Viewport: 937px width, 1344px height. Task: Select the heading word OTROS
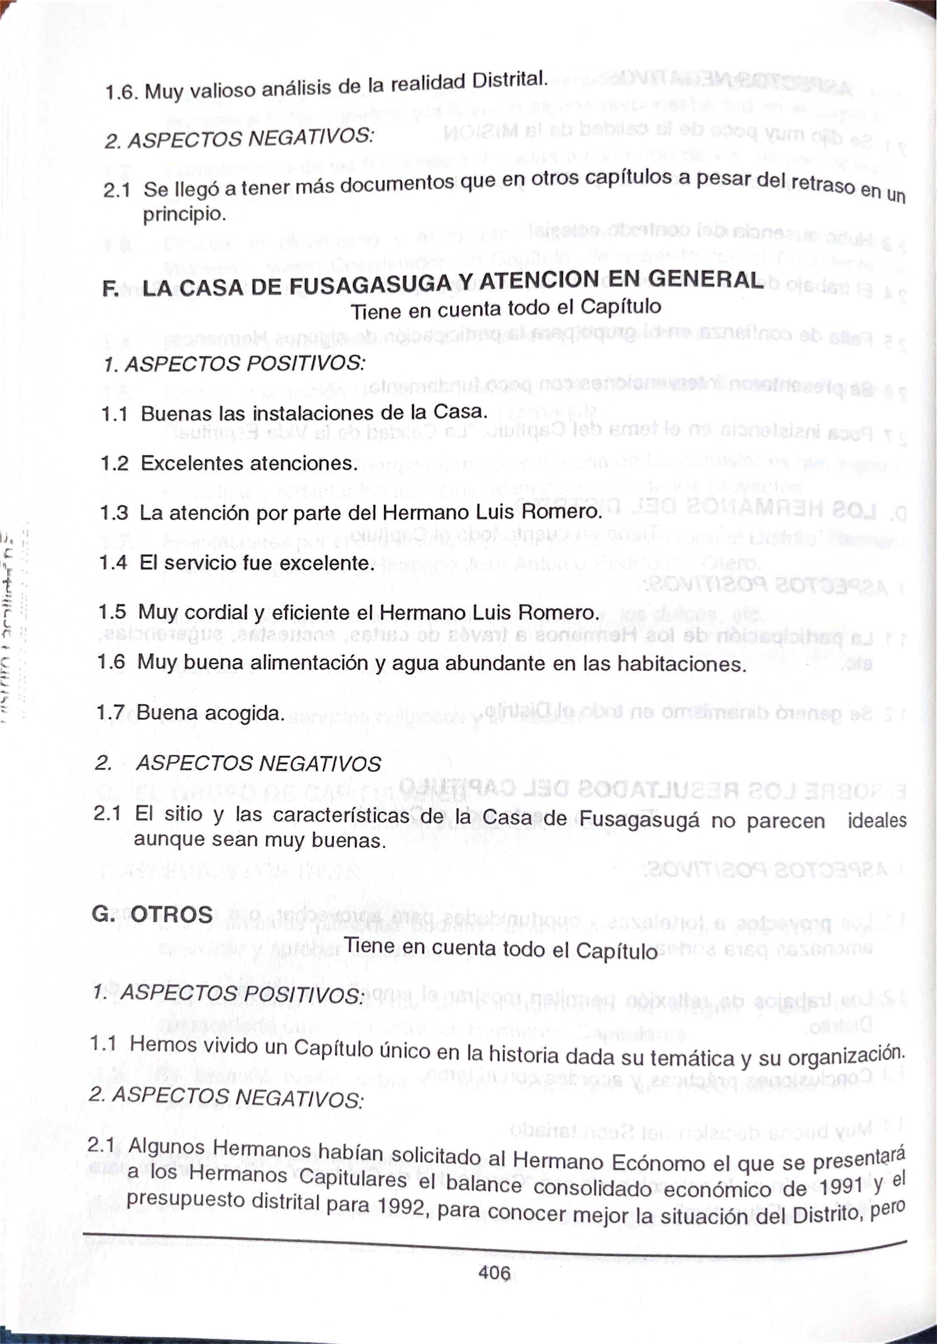172,914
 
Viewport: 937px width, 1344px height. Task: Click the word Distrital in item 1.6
510,80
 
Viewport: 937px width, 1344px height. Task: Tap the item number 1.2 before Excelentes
114,464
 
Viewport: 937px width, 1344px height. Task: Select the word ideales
877,820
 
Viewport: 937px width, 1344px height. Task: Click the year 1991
840,1171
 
